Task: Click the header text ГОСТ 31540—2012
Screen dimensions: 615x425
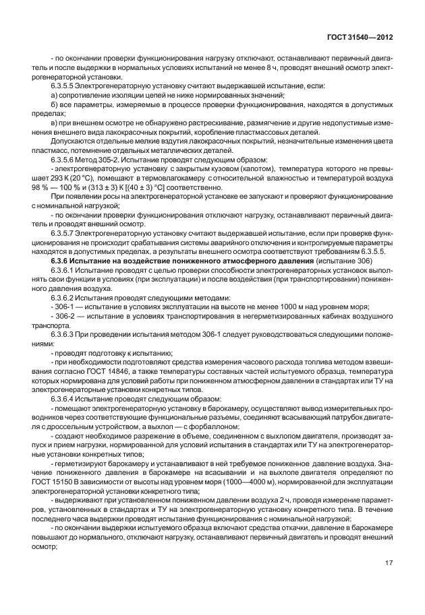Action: click(357, 39)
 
